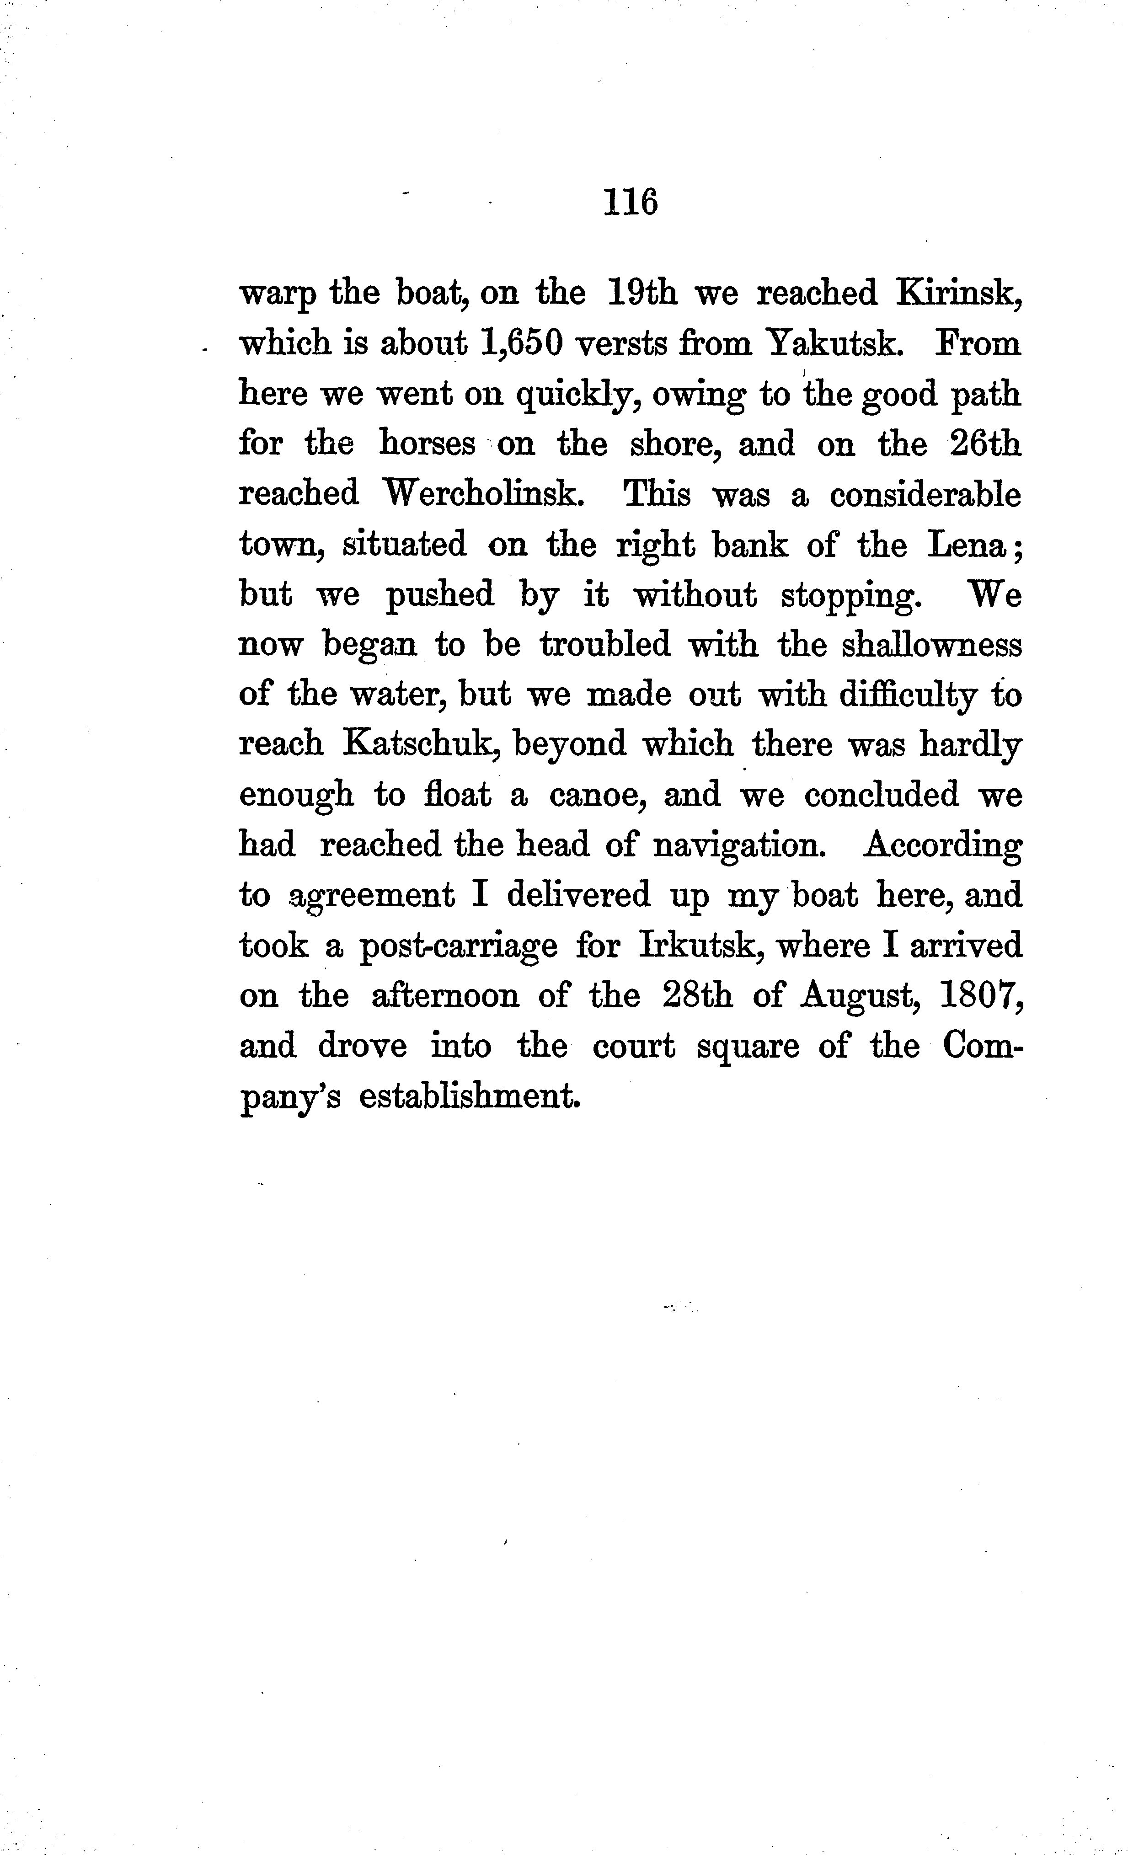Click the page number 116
click(x=630, y=202)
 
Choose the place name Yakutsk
click(x=833, y=344)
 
